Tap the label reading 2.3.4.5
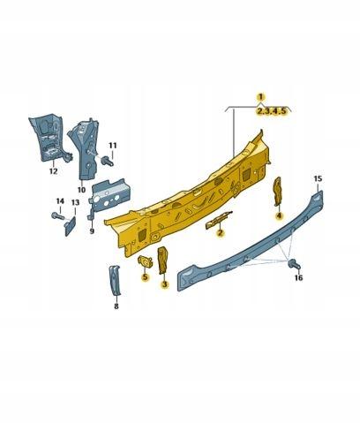273,111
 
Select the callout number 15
318,179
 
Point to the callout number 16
297,277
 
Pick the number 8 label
116,306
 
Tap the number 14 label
60,201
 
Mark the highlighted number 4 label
279,215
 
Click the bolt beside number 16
294,263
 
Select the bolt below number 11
108,162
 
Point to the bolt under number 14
56,215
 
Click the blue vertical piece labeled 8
114,280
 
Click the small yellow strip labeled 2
217,223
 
